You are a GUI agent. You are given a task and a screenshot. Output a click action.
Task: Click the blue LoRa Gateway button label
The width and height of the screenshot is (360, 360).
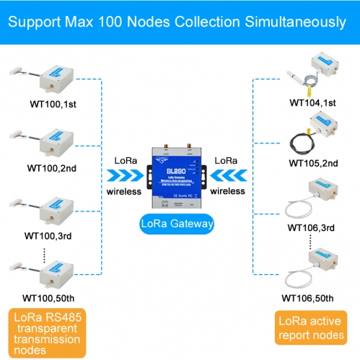180,224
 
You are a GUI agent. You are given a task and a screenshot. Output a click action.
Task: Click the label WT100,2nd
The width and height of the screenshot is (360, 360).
52,167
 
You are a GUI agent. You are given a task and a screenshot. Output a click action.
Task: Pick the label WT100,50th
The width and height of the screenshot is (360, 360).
49,297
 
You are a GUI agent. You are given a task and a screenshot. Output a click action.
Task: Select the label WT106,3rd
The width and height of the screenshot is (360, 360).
311,228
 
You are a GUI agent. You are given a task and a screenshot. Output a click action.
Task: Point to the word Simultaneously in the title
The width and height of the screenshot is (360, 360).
288,22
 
